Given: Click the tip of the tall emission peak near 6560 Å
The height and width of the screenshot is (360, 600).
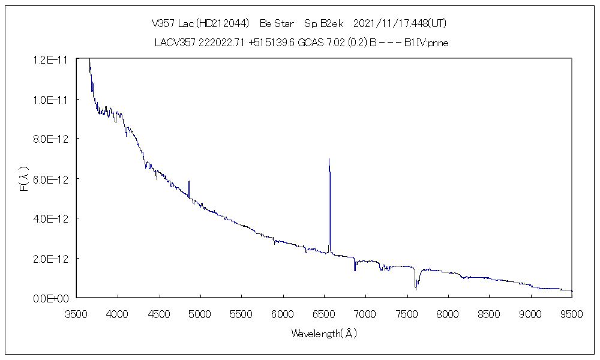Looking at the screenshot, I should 329,160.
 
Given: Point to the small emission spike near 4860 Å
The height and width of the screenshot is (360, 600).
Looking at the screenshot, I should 189,182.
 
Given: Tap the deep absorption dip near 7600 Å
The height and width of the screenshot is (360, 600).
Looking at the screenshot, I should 416,289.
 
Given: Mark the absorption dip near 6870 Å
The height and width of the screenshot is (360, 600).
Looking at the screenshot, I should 355,269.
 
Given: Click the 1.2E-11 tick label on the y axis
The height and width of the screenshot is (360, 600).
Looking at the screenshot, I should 51,59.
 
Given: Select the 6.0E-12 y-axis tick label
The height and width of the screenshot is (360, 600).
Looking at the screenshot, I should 51,179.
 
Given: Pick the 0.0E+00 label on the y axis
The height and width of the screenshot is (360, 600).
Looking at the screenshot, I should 51,298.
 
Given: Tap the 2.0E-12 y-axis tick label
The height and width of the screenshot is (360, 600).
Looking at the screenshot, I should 51,259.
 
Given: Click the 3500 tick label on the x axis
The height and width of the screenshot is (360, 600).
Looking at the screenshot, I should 76,313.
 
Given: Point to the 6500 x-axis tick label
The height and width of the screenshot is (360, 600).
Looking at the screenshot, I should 324,313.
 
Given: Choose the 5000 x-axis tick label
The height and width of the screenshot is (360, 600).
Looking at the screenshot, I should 200,313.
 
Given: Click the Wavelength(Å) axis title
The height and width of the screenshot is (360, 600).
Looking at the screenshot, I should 324,334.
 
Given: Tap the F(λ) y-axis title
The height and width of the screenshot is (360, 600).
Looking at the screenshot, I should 25,179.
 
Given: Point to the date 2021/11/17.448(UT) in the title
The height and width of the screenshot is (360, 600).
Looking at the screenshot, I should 400,24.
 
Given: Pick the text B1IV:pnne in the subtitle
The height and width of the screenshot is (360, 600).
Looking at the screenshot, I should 427,43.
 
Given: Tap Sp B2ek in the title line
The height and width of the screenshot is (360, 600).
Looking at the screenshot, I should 323,24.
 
